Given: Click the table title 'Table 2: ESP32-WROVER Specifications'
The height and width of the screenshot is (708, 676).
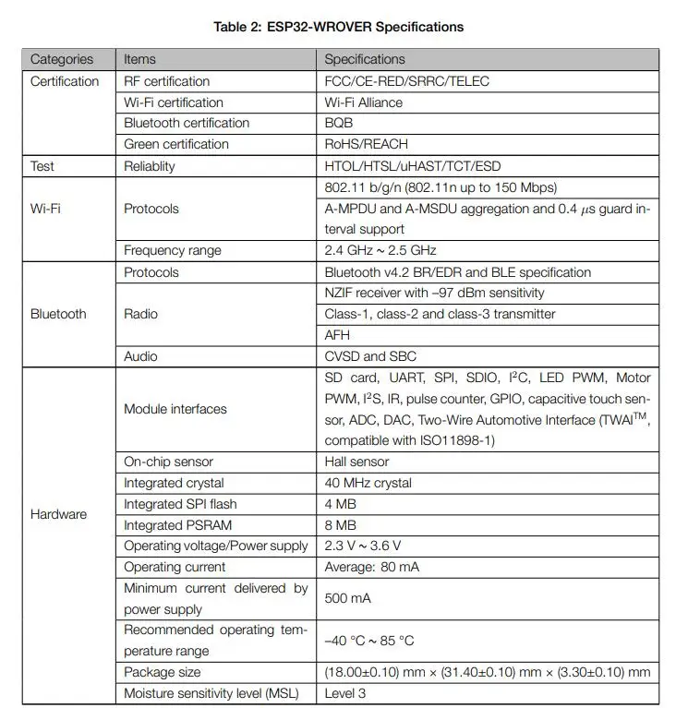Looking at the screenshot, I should [338, 27].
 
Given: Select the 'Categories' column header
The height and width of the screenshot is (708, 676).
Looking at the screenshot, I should [62, 59].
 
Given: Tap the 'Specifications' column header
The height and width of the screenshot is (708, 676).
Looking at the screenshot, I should [365, 59].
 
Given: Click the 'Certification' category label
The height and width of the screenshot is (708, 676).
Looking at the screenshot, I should [65, 81].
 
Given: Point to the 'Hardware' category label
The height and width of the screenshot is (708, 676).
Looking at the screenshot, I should [58, 514].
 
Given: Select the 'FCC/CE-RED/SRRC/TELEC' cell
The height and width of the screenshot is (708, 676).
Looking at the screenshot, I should [406, 81].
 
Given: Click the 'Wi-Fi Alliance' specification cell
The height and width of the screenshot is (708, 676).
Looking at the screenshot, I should [364, 102].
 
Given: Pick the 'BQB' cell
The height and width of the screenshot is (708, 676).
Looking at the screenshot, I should [339, 123].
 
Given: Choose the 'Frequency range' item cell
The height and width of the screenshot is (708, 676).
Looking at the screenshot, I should [173, 250].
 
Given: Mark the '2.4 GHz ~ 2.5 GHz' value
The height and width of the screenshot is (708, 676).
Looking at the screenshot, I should [380, 250].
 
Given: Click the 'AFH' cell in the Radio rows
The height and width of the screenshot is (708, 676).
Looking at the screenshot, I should [337, 335].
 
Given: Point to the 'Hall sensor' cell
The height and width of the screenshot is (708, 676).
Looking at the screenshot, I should [357, 462].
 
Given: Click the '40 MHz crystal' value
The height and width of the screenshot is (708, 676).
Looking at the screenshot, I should [368, 483].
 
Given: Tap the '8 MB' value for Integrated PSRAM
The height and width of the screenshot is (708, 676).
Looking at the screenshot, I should [341, 525].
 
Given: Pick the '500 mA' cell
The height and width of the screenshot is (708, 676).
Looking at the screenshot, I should [348, 598].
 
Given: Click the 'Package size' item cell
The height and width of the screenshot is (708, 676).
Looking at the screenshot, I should [163, 672].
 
